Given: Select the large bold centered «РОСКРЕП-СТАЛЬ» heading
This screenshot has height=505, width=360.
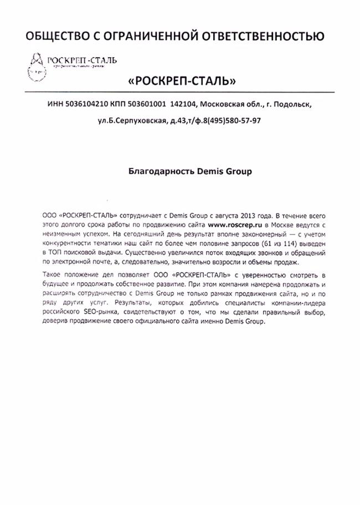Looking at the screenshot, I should [x=182, y=81].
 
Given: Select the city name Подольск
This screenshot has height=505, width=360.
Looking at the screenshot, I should [x=292, y=104].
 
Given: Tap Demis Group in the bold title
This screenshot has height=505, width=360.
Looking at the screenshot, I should [x=224, y=171].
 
